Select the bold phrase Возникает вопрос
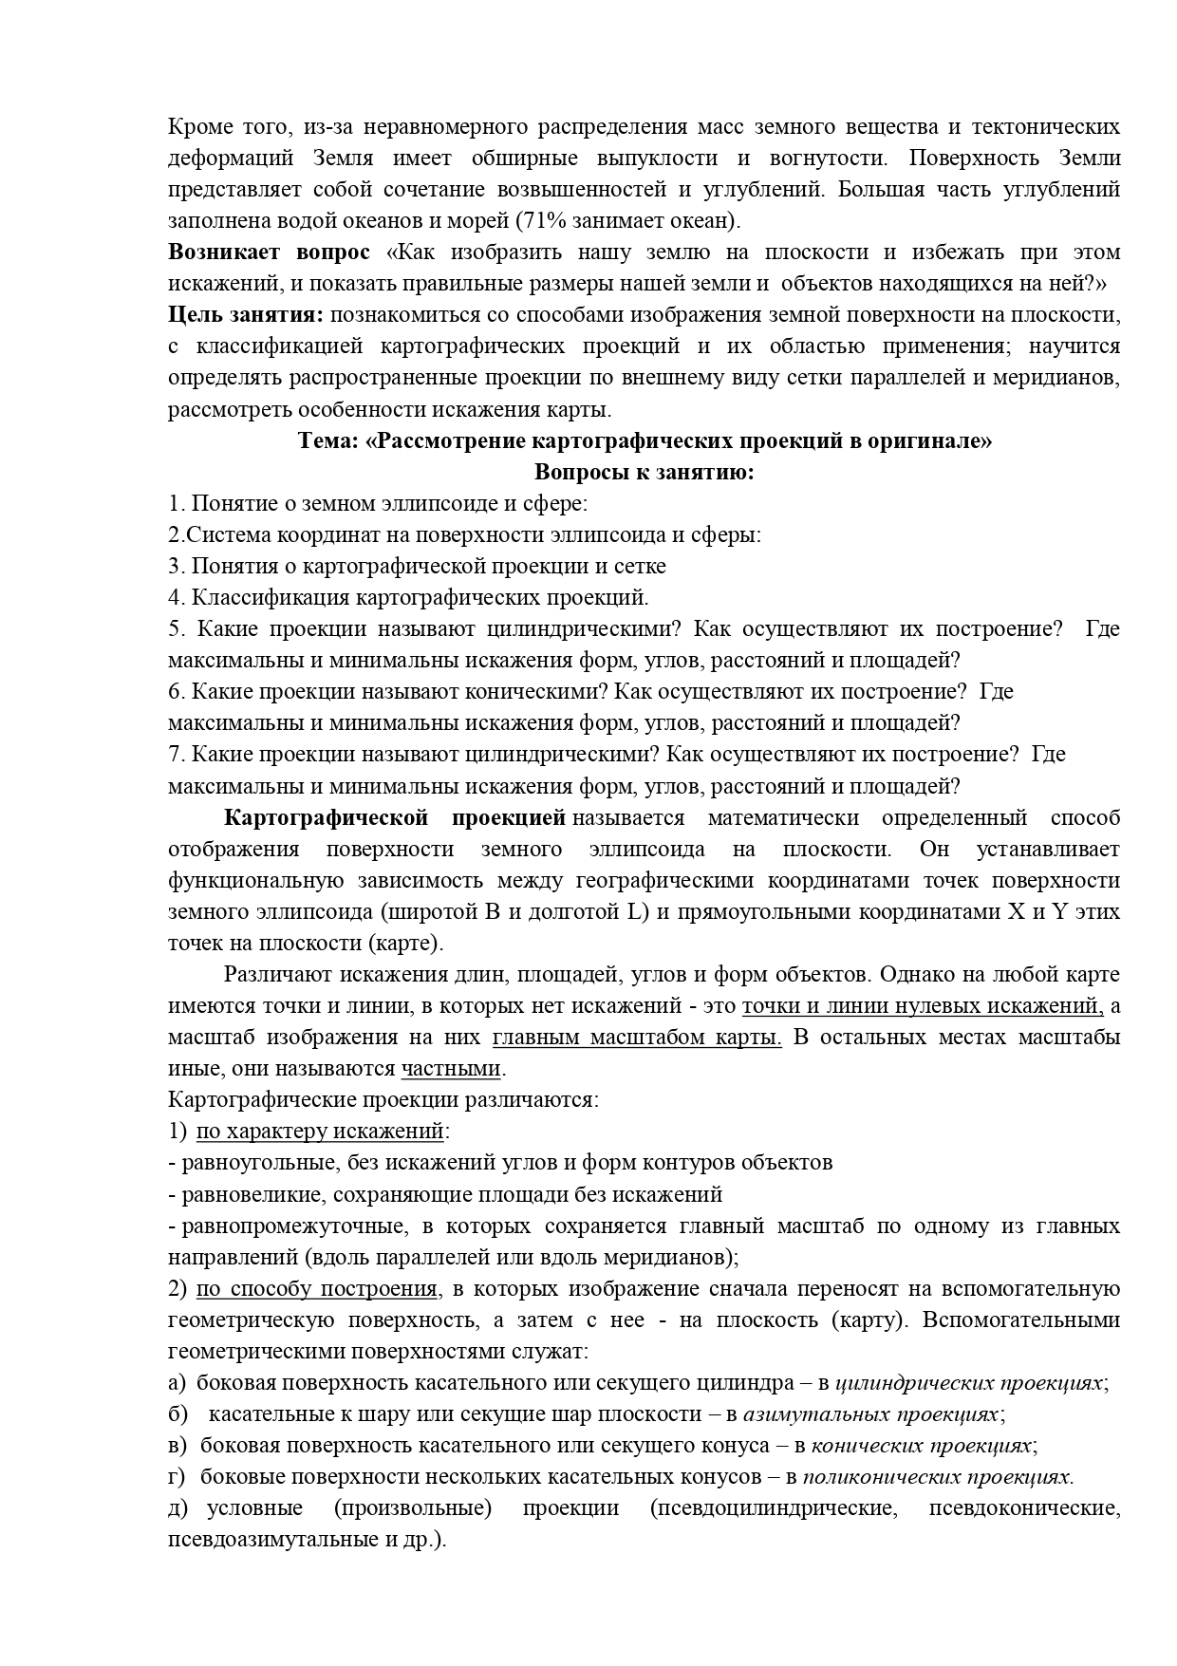[269, 253]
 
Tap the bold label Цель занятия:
[246, 315]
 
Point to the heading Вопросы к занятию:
[645, 473]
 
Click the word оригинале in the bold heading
[927, 441]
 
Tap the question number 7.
[174, 755]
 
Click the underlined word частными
[450, 1069]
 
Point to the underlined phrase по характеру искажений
[320, 1132]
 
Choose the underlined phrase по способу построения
[316, 1289]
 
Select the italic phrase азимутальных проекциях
[869, 1414]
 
